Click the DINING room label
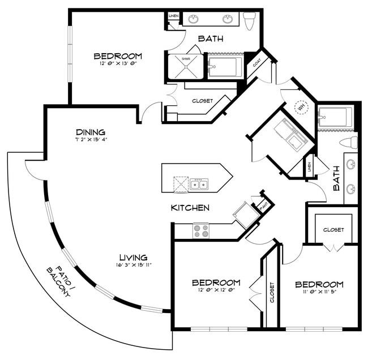click(x=91, y=132)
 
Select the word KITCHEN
click(x=190, y=208)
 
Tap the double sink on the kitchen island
click(x=199, y=184)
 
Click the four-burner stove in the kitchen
click(x=200, y=230)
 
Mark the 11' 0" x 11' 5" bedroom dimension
click(x=319, y=292)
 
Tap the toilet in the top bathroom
click(x=250, y=20)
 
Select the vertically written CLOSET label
click(x=272, y=292)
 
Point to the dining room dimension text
click(x=91, y=139)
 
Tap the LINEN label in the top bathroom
click(x=174, y=16)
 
